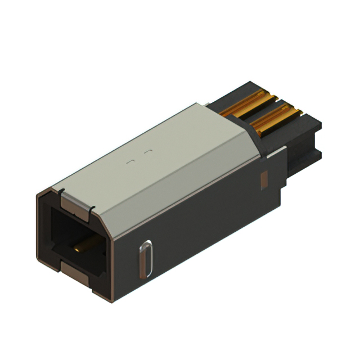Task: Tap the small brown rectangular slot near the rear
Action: click(x=263, y=179)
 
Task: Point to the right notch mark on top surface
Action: click(x=147, y=152)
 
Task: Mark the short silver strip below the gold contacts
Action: click(x=275, y=151)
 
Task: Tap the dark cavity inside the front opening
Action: click(x=62, y=231)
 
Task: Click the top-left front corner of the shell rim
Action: click(x=38, y=194)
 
